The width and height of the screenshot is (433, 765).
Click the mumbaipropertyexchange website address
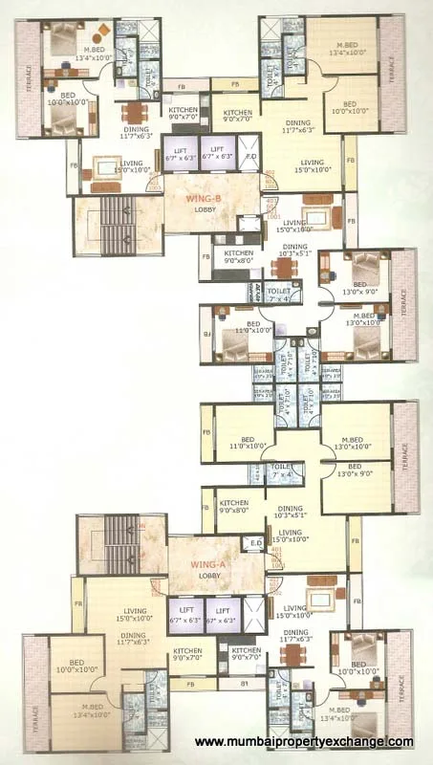tap(304, 742)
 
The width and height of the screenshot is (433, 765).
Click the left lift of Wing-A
tap(184, 614)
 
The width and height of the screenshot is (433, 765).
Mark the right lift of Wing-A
tap(222, 614)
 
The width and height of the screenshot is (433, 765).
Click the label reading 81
tap(245, 685)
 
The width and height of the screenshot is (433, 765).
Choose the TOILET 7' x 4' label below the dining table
tap(279, 294)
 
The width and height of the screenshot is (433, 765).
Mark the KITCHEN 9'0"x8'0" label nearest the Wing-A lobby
tap(235, 509)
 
